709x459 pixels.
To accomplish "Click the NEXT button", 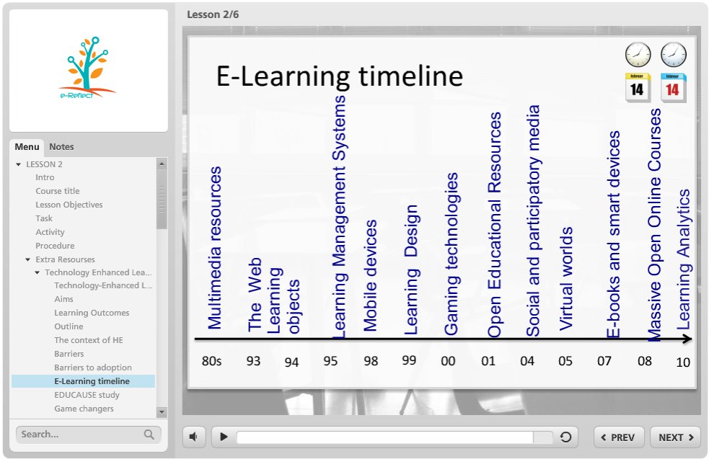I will click(x=675, y=437).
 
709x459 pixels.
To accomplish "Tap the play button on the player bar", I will click(x=224, y=437).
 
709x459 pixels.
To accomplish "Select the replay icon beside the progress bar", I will click(x=565, y=437).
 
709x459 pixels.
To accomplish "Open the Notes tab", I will click(x=61, y=146).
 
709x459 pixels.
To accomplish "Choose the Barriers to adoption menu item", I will click(x=93, y=367).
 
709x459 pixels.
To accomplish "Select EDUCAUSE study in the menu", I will click(x=87, y=395).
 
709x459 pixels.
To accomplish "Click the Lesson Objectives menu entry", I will click(x=69, y=205).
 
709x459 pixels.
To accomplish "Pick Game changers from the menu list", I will click(x=84, y=409).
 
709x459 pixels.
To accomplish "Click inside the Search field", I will click(x=79, y=434).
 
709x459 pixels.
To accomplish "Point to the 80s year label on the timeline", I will click(x=211, y=360).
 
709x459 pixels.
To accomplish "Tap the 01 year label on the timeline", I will click(x=488, y=360).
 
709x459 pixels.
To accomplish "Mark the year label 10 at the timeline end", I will click(x=683, y=362).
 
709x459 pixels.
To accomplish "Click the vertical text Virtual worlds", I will click(x=566, y=278).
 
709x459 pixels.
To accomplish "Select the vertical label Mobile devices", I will click(x=371, y=275).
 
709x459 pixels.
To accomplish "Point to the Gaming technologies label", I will click(x=451, y=254).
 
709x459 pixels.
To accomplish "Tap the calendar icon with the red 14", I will click(x=673, y=88).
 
